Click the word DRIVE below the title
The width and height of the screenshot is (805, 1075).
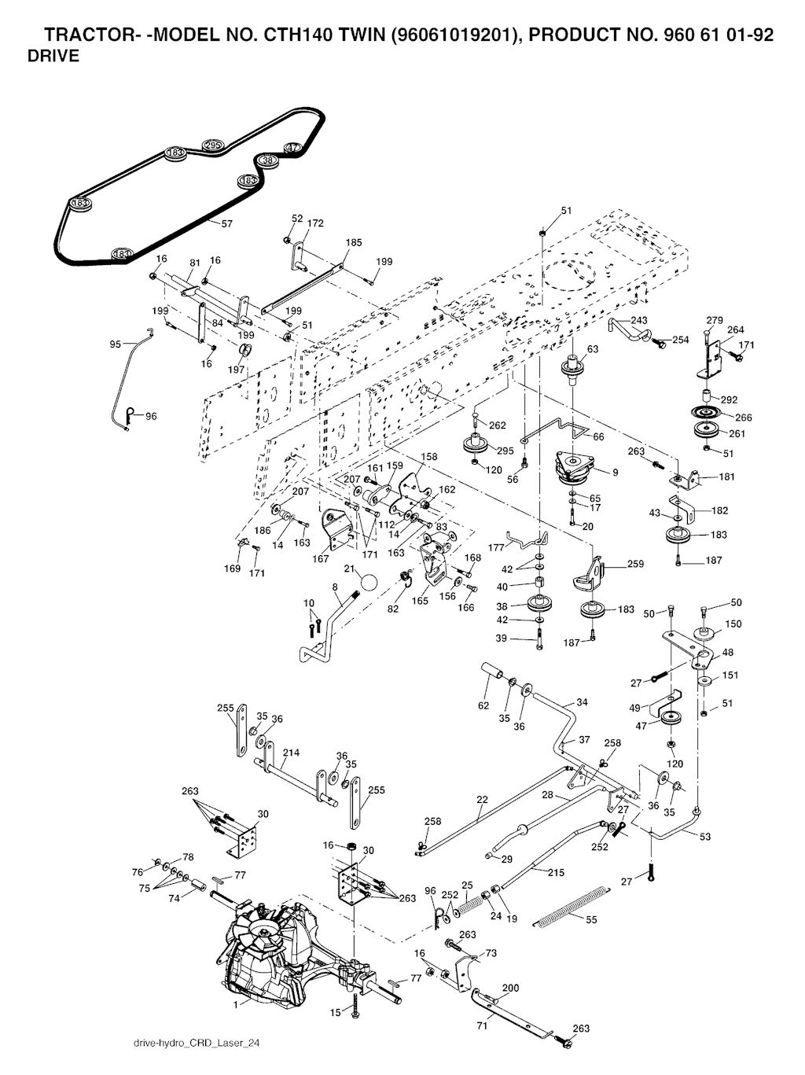pos(53,57)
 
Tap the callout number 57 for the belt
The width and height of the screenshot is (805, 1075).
pos(226,224)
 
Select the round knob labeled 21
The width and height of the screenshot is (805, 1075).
pos(367,585)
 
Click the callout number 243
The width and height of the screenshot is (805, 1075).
pos(639,320)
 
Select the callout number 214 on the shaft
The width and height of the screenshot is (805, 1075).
pos(291,753)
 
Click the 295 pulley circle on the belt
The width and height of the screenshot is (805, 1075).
pos(213,145)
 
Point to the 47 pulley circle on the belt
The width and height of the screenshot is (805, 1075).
pos(292,148)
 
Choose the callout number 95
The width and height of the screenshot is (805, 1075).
pos(116,344)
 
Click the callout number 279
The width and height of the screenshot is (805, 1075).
pos(714,320)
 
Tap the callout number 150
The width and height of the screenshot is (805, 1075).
pos(732,624)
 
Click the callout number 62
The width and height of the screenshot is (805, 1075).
pos(483,705)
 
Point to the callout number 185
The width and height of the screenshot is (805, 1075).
pos(354,243)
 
